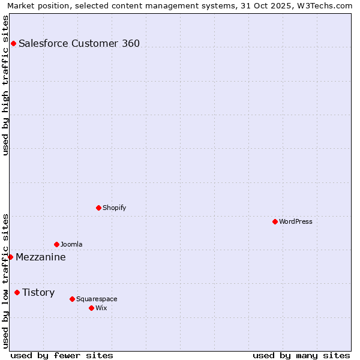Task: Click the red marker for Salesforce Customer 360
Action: tap(13, 43)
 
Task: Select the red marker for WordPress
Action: tap(275, 221)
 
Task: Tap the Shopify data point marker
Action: tap(98, 208)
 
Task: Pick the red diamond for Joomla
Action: tap(56, 244)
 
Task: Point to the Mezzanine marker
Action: tap(10, 257)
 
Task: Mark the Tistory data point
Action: tap(17, 292)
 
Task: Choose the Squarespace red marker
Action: tap(72, 299)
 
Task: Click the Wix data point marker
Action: tap(91, 308)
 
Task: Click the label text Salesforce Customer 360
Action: tap(79, 43)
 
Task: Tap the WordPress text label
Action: tap(296, 221)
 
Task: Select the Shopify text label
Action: tap(114, 208)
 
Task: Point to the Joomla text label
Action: tap(71, 244)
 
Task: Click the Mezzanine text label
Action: tap(41, 257)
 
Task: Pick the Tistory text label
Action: tap(38, 293)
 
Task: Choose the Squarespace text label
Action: tap(97, 299)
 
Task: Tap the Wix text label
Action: tap(101, 308)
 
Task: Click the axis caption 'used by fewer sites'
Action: tap(62, 355)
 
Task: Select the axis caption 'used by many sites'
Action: tap(301, 355)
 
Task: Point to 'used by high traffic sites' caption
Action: tap(5, 85)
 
